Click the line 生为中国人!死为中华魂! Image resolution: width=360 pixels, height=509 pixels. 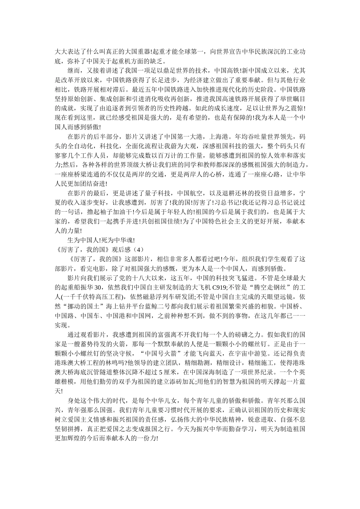101,240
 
